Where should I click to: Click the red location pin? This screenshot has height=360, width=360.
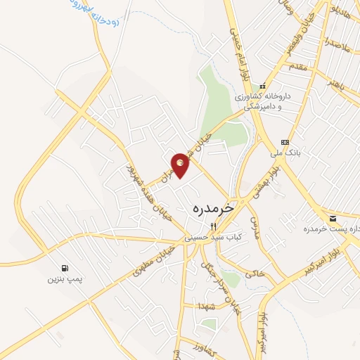181,165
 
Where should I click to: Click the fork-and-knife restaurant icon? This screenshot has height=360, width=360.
214,226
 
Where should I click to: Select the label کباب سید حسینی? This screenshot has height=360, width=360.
214,238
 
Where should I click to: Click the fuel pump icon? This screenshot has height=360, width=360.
65,267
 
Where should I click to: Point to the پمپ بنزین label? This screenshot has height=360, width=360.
65,280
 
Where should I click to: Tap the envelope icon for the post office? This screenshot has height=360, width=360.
332,219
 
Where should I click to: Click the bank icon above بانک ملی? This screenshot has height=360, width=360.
284,141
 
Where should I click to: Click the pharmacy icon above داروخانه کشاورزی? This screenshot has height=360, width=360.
262,86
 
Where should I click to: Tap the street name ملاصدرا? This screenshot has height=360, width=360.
337,44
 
